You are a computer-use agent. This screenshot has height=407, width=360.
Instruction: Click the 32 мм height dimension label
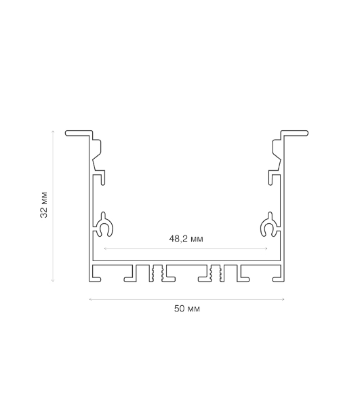pos(44,205)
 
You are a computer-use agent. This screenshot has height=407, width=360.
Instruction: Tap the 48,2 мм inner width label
pos(186,239)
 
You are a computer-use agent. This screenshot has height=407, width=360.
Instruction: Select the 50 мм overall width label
pos(186,309)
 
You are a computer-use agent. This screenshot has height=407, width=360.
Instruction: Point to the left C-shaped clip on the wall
pos(104,225)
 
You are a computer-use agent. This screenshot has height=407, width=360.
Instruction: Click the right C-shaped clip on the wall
pos(269,225)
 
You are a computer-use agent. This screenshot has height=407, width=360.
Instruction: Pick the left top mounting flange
pos(79,133)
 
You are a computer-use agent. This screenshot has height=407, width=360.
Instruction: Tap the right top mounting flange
pos(295,133)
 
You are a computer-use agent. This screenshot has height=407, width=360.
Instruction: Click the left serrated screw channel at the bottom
pos(157,273)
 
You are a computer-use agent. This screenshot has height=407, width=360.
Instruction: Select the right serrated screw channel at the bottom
pos(216,273)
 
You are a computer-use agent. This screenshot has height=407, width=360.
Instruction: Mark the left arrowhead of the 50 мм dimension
pos(89,299)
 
